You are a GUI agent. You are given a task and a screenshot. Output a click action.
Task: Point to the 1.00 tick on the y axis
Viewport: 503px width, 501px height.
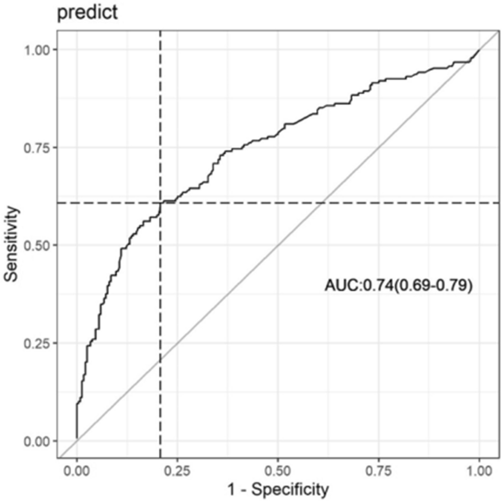coord(39,49)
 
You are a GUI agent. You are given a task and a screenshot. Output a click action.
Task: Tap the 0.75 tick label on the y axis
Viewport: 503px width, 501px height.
coord(39,147)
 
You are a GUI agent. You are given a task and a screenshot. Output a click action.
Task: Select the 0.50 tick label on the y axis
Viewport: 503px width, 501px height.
coord(39,245)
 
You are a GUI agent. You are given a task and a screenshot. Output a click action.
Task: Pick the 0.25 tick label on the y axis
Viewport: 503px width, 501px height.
coord(39,343)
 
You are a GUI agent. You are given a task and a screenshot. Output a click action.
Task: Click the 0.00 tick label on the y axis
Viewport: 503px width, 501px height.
coord(39,441)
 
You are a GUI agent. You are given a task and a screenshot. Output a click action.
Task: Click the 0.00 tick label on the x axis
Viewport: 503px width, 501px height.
coord(77,470)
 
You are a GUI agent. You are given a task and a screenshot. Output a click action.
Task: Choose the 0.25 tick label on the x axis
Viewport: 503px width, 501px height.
coord(177,470)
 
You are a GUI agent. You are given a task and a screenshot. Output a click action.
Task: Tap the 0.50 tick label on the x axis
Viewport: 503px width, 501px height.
coord(278,470)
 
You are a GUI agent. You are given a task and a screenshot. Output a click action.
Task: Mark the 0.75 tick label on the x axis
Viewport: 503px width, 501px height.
coord(379,470)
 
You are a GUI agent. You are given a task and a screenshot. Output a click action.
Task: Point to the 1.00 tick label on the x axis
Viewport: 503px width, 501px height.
coord(479,470)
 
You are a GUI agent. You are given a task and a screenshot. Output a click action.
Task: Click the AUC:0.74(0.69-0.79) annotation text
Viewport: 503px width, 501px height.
coord(398,287)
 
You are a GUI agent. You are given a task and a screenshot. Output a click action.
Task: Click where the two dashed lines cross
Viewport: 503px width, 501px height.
coord(160,203)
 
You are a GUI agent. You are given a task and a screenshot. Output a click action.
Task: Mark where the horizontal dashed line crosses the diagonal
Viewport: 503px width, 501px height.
coord(322,203)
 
